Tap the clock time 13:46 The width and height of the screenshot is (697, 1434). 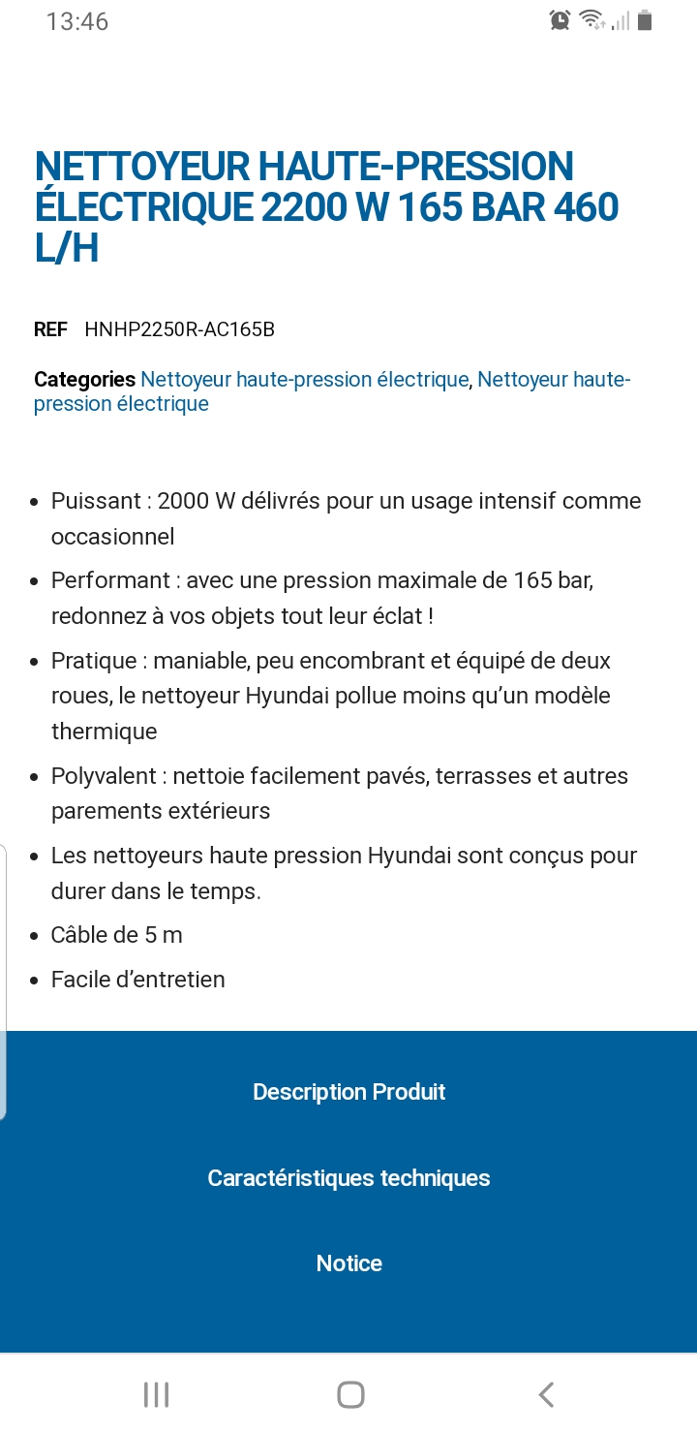(77, 21)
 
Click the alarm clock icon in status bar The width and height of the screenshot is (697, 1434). (560, 20)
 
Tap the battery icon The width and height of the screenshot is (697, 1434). (646, 20)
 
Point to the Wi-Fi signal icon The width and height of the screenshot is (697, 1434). (591, 20)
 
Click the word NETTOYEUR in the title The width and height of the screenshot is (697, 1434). (141, 167)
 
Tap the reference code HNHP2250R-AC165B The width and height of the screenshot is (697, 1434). (179, 329)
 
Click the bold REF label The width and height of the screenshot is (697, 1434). (50, 329)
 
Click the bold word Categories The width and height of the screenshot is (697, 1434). (84, 380)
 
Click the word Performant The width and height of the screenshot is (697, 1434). (110, 580)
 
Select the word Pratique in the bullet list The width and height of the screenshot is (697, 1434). (94, 661)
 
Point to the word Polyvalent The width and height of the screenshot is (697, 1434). (104, 776)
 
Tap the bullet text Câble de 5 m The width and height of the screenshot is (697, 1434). (117, 935)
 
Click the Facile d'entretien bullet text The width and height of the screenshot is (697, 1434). (138, 980)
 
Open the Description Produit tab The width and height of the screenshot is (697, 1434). (348, 1092)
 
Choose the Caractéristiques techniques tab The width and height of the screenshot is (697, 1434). (348, 1178)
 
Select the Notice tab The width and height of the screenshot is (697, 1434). (348, 1263)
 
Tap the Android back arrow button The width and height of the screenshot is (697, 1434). (546, 1394)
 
